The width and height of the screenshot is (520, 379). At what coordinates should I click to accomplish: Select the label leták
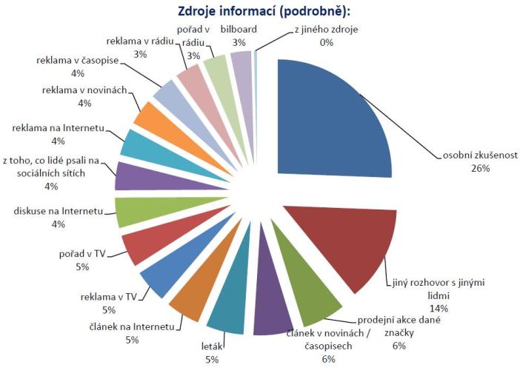click(213, 346)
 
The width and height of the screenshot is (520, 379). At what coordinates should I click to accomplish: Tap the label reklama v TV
click(110, 298)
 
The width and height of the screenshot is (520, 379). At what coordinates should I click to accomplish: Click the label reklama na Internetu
click(58, 128)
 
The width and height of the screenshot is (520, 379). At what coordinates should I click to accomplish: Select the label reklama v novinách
click(82, 90)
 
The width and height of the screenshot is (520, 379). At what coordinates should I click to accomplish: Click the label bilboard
click(238, 30)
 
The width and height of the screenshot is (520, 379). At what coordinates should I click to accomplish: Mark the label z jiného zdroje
click(326, 30)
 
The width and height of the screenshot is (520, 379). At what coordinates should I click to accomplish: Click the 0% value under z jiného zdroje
click(327, 42)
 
